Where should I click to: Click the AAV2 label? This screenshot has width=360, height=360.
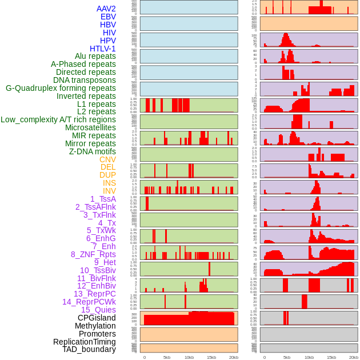(106, 9)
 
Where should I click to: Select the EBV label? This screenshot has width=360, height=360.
(108, 17)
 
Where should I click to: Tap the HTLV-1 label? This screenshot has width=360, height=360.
(102, 49)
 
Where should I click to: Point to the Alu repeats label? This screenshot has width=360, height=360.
(95, 56)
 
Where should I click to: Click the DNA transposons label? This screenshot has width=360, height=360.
(85, 80)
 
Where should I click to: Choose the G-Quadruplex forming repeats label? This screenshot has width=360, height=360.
(61, 88)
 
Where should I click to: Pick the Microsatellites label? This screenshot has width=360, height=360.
(90, 127)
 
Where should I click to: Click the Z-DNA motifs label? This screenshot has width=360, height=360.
(92, 151)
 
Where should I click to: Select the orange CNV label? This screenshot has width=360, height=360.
(107, 159)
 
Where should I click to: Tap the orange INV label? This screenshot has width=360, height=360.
(109, 191)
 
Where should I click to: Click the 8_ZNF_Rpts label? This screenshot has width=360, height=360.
(93, 254)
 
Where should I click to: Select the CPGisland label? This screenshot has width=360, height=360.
(97, 318)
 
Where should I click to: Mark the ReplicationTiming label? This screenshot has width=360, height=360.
(84, 342)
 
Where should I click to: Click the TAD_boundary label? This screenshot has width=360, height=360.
(89, 349)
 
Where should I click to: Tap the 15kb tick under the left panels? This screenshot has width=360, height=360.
(211, 357)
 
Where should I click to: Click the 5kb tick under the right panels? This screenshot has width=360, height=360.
(286, 357)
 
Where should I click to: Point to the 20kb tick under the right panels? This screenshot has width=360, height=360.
(354, 357)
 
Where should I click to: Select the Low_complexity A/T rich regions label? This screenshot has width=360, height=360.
(58, 119)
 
